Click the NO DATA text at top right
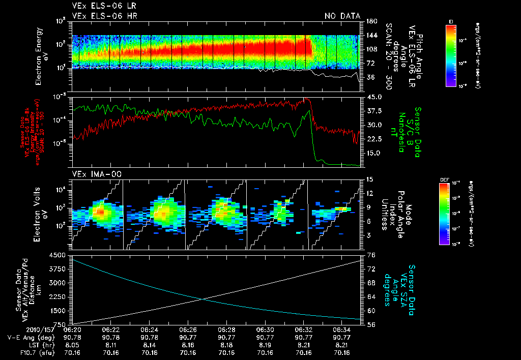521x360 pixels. [342, 16]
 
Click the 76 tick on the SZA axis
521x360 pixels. [370, 255]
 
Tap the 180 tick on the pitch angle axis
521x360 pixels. [371, 21]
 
